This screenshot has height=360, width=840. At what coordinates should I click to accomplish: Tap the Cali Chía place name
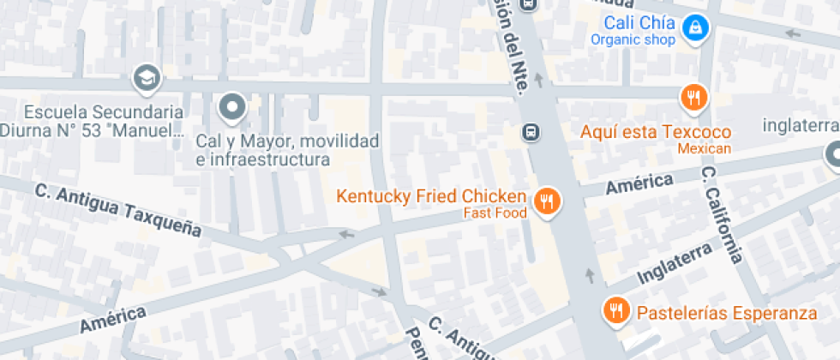click(639, 23)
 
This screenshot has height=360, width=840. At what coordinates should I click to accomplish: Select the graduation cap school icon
click(147, 79)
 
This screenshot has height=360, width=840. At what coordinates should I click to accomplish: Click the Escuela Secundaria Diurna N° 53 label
click(93, 121)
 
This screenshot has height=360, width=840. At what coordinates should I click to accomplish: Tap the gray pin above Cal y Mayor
click(232, 108)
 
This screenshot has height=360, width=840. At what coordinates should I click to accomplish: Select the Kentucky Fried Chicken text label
click(430, 195)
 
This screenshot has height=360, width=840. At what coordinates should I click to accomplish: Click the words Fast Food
click(495, 213)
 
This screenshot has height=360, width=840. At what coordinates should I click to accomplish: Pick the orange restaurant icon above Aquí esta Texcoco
click(693, 98)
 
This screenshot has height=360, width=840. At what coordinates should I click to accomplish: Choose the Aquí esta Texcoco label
click(656, 132)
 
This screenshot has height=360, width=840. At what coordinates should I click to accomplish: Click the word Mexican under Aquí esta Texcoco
click(705, 149)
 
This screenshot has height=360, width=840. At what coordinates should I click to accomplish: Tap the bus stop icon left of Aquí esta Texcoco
click(531, 132)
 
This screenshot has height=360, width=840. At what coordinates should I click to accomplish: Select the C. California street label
click(722, 214)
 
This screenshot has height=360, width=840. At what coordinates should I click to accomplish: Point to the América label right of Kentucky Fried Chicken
click(639, 183)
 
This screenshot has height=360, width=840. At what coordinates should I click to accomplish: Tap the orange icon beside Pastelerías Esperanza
click(615, 311)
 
